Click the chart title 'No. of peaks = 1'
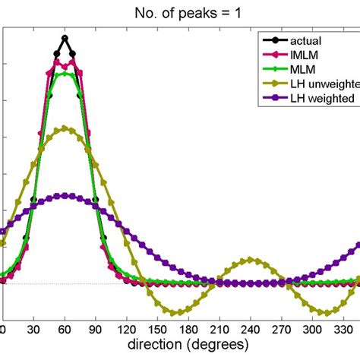point(181,11)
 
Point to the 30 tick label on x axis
point(33,329)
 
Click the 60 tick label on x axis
point(65,329)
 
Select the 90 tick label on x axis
point(96,329)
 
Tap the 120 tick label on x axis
point(126,329)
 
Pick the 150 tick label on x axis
point(157,329)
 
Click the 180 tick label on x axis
point(188,329)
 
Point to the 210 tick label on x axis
point(219,329)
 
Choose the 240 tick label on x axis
point(251,329)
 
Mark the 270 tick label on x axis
point(282,329)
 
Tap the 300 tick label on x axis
point(313,329)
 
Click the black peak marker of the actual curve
point(65,38)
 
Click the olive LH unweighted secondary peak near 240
point(251,260)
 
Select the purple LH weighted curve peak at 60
point(65,196)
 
